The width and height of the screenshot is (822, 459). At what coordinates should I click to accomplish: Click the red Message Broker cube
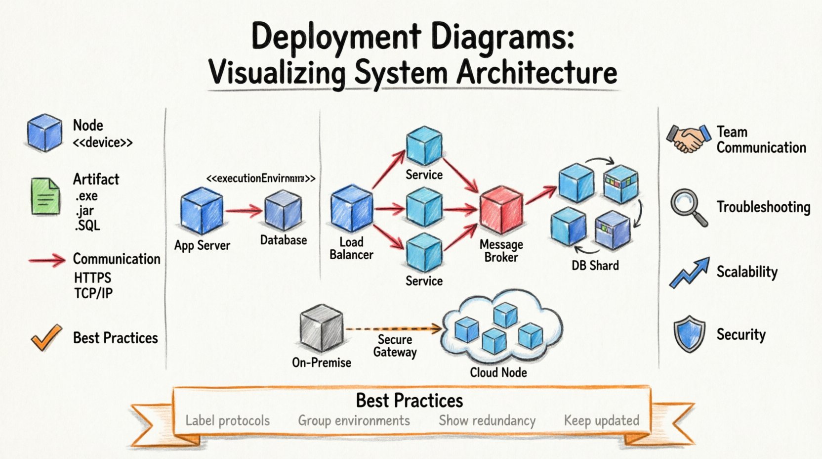(501, 210)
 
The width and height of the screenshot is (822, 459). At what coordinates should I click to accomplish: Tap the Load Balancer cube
(351, 208)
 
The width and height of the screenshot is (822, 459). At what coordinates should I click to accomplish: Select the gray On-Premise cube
(321, 328)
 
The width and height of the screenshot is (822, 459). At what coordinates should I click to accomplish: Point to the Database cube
(283, 210)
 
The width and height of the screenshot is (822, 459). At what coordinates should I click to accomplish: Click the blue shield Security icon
(689, 334)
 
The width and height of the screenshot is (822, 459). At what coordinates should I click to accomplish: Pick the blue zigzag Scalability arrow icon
(689, 273)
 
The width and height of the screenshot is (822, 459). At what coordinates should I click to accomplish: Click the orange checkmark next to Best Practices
(46, 337)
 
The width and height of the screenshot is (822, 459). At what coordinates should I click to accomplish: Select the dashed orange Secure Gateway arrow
(393, 328)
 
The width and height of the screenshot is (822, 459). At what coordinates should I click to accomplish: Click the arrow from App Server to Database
(244, 211)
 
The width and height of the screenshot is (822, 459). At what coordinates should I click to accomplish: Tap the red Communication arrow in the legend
(47, 260)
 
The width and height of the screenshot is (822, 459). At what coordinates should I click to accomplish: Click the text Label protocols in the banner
(227, 420)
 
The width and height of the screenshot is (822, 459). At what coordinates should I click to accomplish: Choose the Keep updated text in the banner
(601, 420)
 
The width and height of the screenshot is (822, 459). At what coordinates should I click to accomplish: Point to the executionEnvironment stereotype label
(260, 178)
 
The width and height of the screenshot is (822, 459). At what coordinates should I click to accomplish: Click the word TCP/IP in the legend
(93, 293)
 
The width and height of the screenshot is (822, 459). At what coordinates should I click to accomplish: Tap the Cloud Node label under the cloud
(498, 372)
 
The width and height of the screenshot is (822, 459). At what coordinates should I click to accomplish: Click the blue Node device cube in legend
(44, 133)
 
